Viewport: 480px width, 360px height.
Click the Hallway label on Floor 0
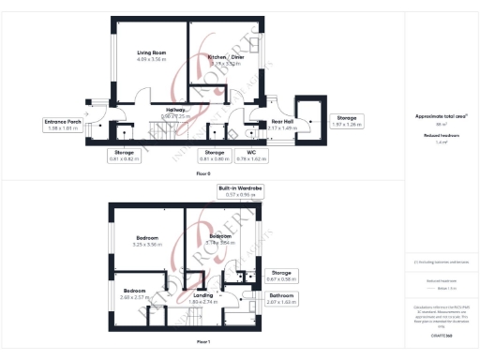tap(176, 112)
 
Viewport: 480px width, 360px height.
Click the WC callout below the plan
tap(252, 155)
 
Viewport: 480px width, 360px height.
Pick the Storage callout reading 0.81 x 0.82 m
tap(124, 155)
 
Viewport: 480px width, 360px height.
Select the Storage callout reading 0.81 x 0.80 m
tap(215, 155)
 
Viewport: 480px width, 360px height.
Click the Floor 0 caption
tap(202, 174)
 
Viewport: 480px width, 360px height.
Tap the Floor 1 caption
tap(202, 342)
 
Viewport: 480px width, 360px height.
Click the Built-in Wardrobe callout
tap(241, 191)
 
